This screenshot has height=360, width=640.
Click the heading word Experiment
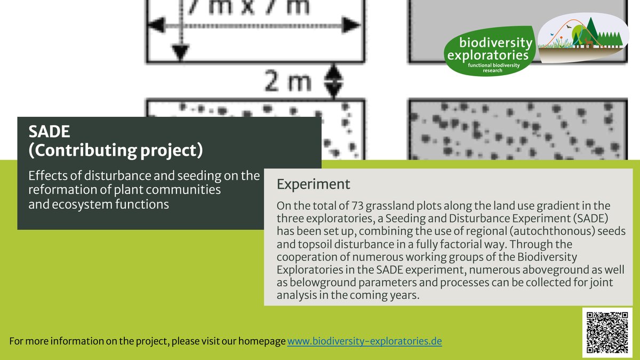pyautogui.click(x=313, y=185)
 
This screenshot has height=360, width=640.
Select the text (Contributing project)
pyautogui.click(x=116, y=151)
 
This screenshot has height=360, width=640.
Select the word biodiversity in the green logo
pyautogui.click(x=489, y=43)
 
